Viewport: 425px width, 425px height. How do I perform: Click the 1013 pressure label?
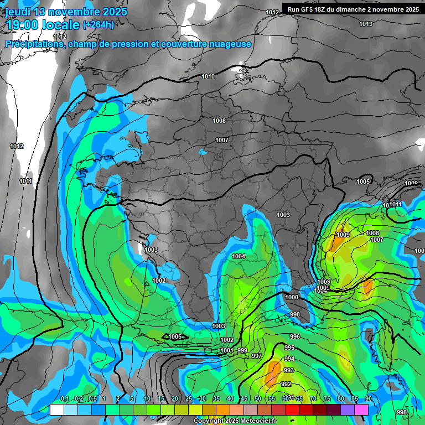point(365,24)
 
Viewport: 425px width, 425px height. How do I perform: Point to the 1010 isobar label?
point(208,76)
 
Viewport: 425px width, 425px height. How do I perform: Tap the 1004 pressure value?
point(239,256)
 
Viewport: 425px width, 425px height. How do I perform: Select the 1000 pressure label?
point(292,297)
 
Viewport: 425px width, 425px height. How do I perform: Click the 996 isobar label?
point(295,336)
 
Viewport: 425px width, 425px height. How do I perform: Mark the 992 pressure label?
point(286,384)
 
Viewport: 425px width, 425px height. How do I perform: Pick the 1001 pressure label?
point(227,350)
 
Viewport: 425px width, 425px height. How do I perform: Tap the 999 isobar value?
point(242,350)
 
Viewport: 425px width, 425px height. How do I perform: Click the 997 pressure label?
point(256,356)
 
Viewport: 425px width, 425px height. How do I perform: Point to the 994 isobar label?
point(289,359)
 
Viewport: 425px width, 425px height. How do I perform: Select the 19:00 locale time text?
point(43,25)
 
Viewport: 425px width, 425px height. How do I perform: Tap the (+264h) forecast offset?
point(99,25)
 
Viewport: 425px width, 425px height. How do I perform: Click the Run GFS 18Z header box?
point(353,9)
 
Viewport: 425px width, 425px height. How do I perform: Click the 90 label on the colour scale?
point(368,398)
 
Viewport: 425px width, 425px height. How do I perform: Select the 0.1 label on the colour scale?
point(65,398)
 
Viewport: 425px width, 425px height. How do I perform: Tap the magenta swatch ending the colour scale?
point(361,410)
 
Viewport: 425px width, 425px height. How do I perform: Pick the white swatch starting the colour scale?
point(56,410)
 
